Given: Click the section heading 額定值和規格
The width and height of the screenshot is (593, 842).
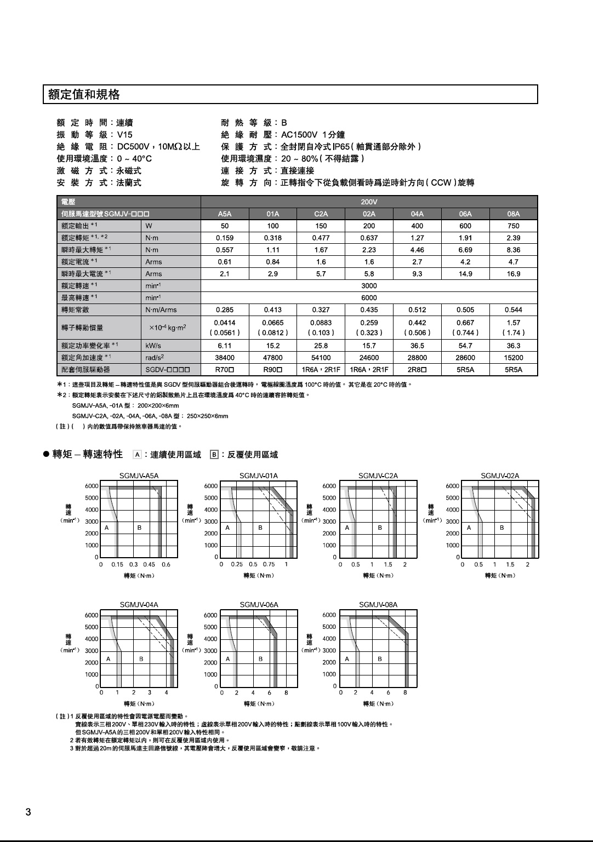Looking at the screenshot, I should [84, 95].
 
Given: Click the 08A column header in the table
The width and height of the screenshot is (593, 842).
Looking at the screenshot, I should [513, 214].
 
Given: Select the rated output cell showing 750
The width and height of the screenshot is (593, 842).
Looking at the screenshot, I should [513, 226].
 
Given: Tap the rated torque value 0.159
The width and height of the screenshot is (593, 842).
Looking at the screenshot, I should [225, 238].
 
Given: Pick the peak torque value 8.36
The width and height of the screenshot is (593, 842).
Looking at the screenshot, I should [513, 250].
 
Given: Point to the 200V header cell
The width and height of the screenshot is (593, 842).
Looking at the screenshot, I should [369, 202].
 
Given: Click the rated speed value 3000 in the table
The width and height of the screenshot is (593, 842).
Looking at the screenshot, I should [369, 285].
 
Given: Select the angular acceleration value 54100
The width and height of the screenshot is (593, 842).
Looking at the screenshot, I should [321, 358].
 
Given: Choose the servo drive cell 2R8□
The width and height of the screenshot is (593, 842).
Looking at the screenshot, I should [417, 370].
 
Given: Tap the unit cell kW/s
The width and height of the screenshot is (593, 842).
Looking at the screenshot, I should [153, 346].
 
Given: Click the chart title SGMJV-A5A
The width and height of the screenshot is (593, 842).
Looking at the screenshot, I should [139, 476].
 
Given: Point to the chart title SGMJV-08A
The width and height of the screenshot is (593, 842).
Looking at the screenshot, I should [378, 605].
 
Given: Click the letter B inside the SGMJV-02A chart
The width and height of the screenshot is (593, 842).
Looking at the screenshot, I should [502, 528].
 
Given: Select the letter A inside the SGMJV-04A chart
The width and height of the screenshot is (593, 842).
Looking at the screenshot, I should [109, 658].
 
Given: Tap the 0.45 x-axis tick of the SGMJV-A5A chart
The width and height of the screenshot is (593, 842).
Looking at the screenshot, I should [149, 564].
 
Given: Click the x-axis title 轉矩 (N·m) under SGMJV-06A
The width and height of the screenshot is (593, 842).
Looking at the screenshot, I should [259, 703].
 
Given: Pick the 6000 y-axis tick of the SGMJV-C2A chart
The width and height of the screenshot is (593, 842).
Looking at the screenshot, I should [329, 486].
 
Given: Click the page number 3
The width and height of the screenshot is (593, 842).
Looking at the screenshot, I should [28, 812].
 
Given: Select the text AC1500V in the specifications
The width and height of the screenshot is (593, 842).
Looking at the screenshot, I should [299, 135].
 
